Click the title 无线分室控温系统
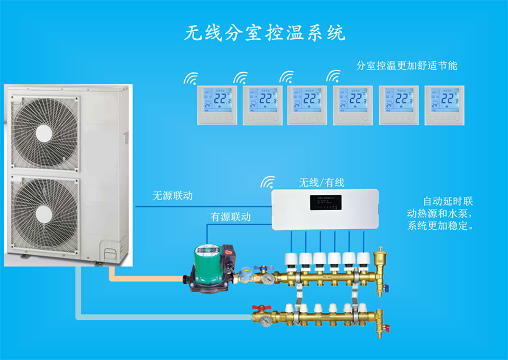(265, 33)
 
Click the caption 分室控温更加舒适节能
(406, 66)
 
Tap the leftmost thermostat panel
(215, 105)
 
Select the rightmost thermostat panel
(444, 105)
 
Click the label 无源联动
(173, 196)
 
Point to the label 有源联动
(231, 217)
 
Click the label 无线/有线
(322, 183)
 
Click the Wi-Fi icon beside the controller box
(267, 183)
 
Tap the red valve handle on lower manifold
(259, 308)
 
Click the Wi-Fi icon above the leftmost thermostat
(190, 79)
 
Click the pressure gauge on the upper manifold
(270, 278)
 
